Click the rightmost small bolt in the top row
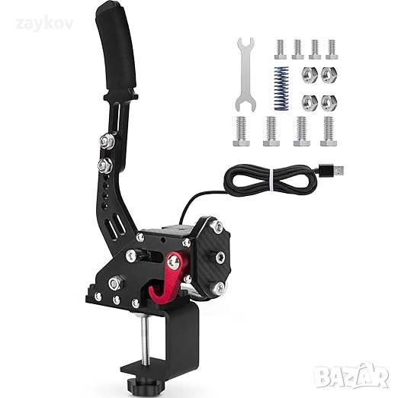click(x=331, y=49)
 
